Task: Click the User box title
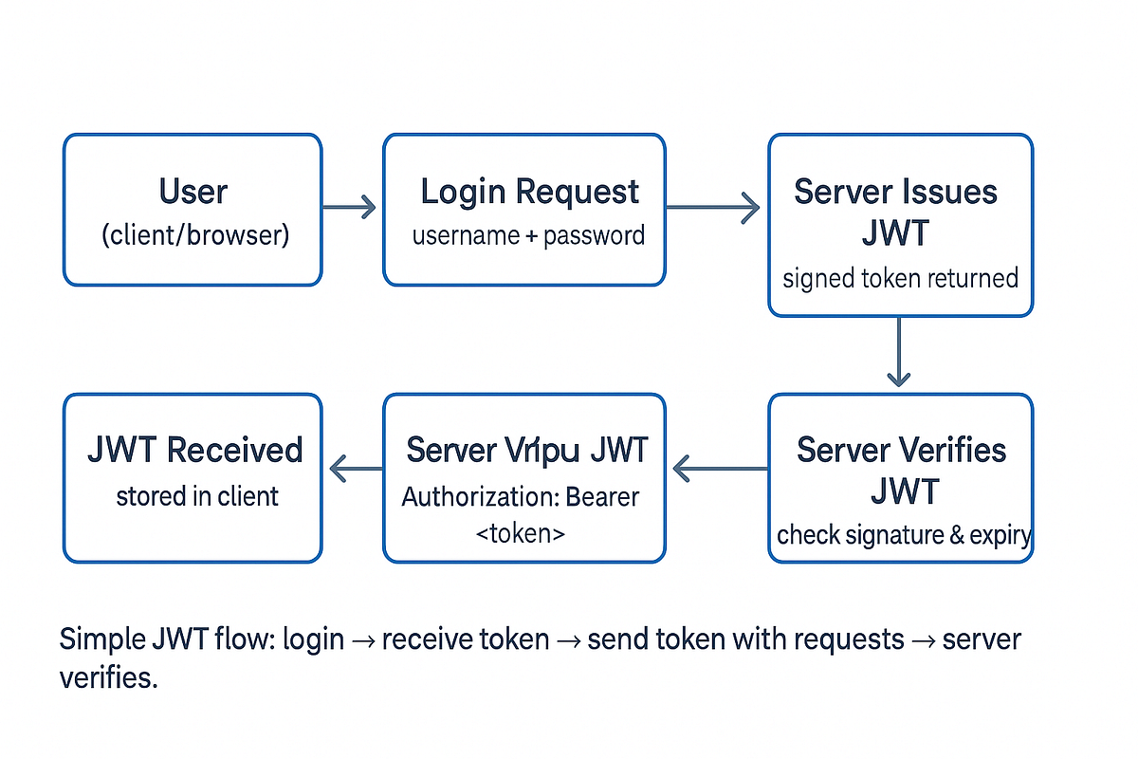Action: click(x=193, y=192)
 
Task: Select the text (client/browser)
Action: click(x=194, y=234)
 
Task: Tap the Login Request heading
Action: click(x=529, y=192)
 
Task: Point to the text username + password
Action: click(x=528, y=235)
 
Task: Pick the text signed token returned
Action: click(x=900, y=279)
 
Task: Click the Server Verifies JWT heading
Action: click(x=901, y=470)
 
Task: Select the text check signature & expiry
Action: click(x=903, y=535)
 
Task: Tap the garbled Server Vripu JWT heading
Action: click(x=527, y=450)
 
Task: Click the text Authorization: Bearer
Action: click(x=521, y=496)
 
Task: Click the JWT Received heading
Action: click(x=194, y=450)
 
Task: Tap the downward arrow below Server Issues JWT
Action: click(x=898, y=352)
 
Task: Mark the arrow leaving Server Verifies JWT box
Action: click(x=720, y=467)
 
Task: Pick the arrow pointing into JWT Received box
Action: click(x=355, y=467)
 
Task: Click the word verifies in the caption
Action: click(x=106, y=678)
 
